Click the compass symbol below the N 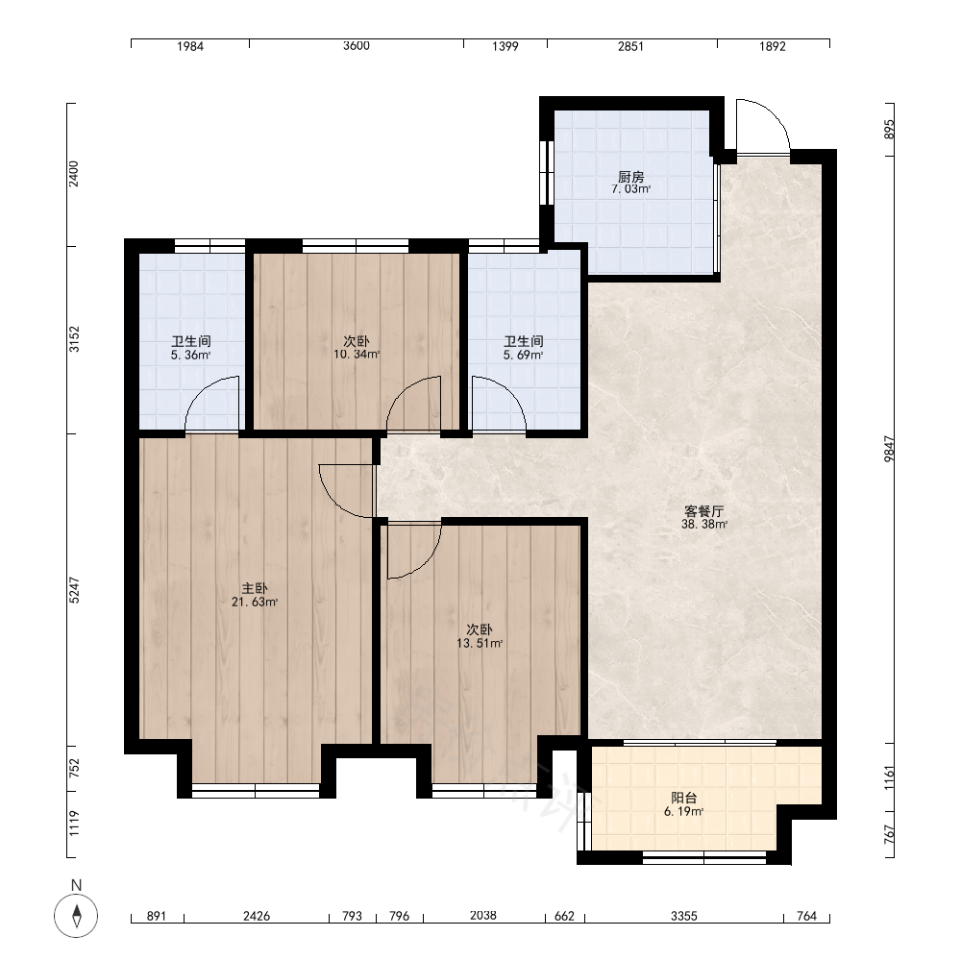click(76, 916)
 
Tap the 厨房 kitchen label click(630, 177)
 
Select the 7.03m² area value click(630, 189)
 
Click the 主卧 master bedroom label click(255, 589)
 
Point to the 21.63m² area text click(255, 602)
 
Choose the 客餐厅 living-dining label click(704, 511)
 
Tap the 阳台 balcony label click(683, 798)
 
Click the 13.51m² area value click(480, 643)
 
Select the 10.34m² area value click(357, 355)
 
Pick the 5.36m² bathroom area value click(190, 355)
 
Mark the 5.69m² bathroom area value click(523, 355)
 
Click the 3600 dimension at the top click(357, 46)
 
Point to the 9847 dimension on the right click(889, 449)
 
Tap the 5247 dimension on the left click(74, 590)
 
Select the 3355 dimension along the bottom click(684, 916)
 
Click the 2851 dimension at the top click(630, 46)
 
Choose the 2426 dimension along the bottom click(257, 916)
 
